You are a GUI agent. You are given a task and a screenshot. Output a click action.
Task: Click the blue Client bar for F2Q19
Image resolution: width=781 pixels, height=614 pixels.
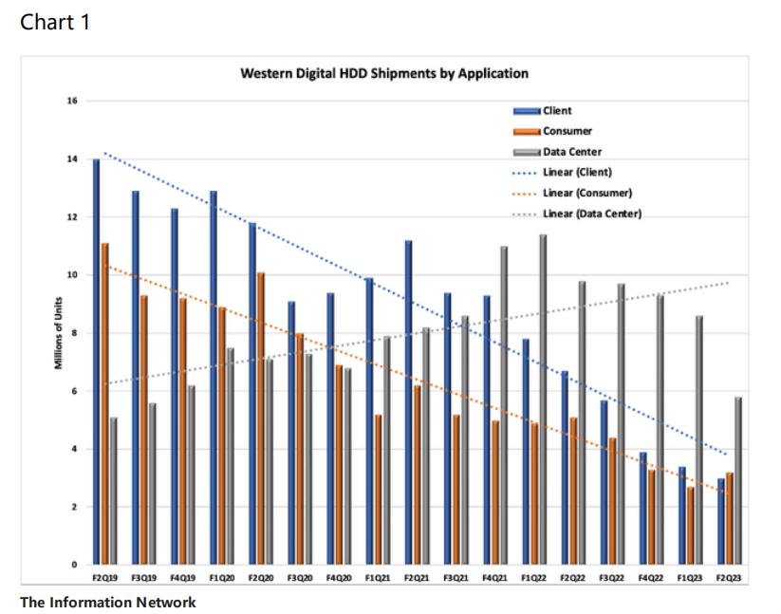(96, 361)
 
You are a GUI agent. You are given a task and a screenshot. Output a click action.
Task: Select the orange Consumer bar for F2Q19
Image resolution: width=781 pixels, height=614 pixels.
(104, 403)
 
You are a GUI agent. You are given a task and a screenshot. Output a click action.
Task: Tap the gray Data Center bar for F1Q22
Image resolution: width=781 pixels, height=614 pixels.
(543, 399)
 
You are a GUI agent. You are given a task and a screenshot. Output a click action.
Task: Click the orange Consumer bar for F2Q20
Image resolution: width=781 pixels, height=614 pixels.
(261, 419)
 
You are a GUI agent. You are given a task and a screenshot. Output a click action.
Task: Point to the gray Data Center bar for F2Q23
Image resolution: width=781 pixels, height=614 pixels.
(737, 480)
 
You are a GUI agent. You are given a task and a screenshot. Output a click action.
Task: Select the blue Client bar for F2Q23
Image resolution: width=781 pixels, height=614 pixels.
(720, 521)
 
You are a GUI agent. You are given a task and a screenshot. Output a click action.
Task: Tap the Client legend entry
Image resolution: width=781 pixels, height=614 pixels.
(556, 111)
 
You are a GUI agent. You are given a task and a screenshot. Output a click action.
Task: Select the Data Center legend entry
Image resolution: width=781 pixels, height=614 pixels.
(571, 152)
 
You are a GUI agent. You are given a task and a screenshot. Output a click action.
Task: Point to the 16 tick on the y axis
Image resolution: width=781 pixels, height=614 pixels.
(72, 101)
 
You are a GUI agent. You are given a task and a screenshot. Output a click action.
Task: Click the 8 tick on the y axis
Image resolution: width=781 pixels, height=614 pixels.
(75, 333)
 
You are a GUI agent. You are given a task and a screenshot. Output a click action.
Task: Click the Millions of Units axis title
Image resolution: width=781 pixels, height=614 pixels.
(59, 333)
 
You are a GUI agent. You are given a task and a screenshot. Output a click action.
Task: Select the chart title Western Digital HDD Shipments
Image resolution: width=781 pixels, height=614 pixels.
(383, 73)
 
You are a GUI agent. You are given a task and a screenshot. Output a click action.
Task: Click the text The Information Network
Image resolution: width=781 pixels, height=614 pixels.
(108, 602)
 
